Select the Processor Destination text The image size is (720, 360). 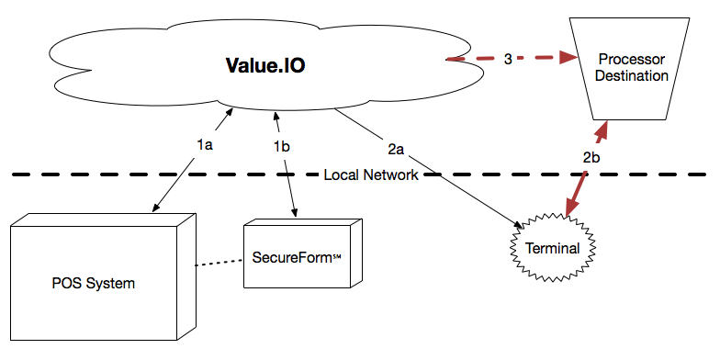631,67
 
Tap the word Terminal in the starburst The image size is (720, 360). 552,248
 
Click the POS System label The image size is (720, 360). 93,283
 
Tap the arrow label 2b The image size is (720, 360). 592,157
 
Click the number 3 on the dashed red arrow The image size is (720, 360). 508,60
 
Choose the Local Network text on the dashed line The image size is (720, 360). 371,174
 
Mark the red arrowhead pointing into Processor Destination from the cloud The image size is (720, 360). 568,58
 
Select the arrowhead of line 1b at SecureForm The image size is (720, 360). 294,214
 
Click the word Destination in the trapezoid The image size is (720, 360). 631,75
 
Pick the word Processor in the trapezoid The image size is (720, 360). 631,58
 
